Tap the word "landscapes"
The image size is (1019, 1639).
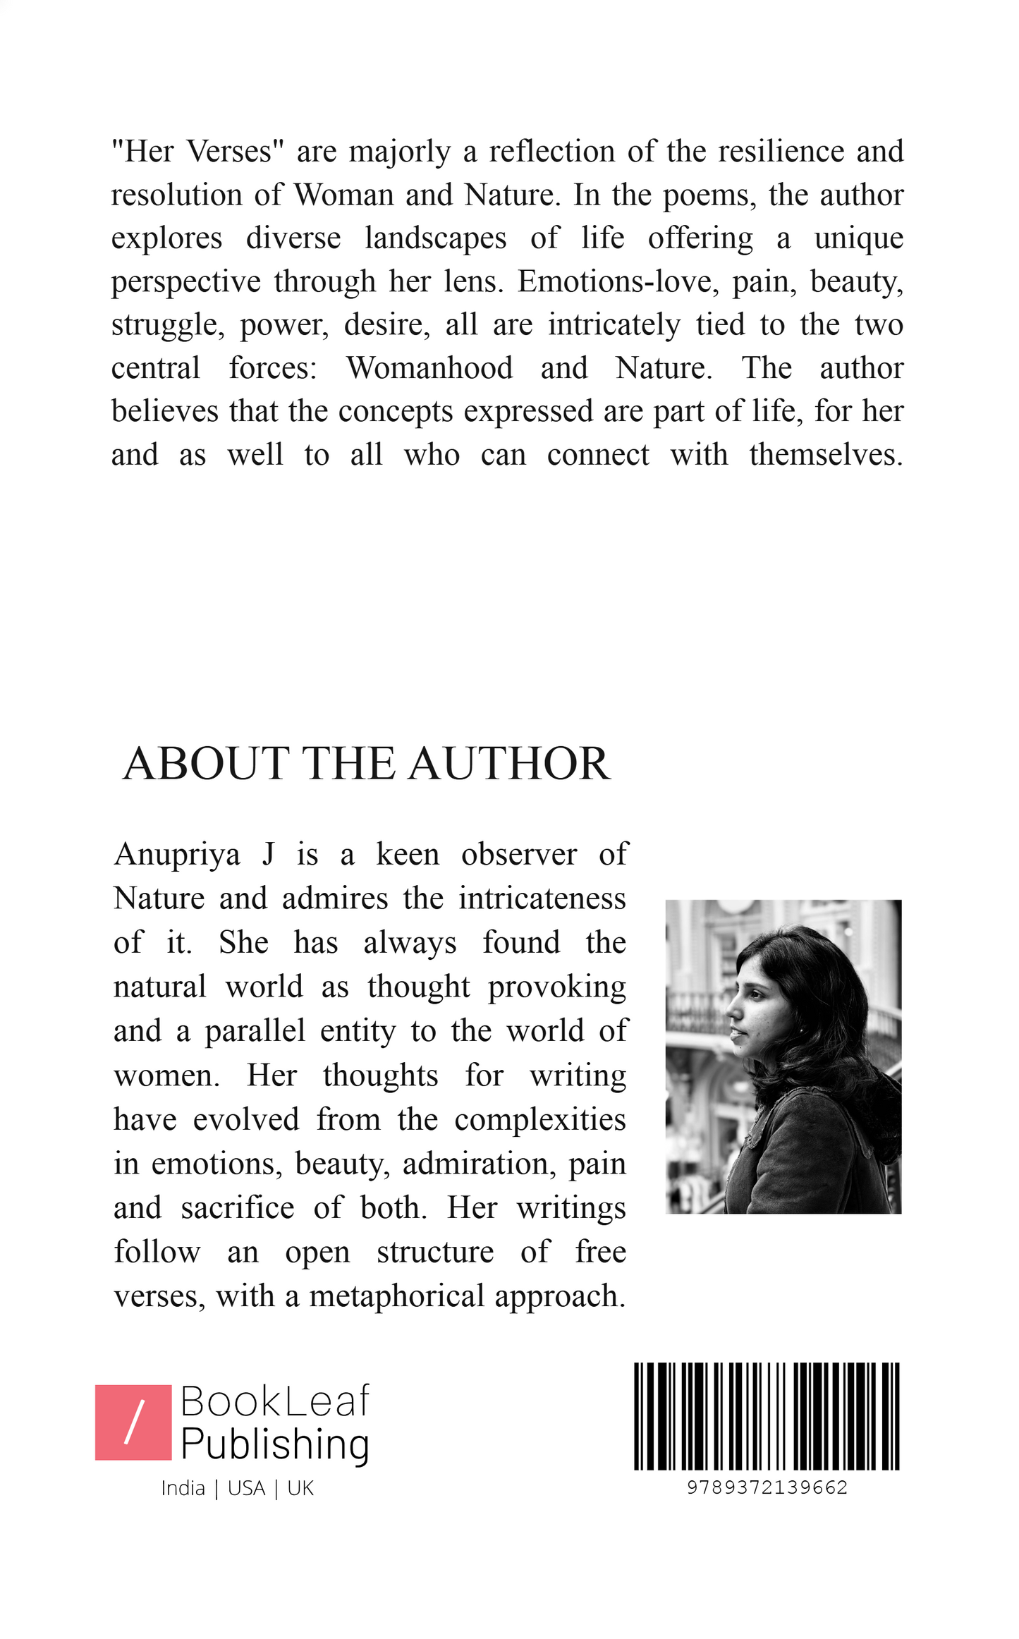pos(435,238)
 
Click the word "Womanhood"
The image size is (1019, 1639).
pos(429,368)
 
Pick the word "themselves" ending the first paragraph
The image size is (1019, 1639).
pos(825,455)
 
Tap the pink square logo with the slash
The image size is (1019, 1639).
pos(133,1422)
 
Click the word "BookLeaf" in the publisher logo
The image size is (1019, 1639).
pos(275,1401)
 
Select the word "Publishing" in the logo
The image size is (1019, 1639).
pos(275,1444)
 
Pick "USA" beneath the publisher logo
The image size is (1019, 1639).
pos(247,1488)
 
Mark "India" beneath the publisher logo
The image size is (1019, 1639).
pos(183,1488)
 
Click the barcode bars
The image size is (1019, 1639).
pos(767,1415)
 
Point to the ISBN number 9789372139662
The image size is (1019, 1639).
pos(767,1487)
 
